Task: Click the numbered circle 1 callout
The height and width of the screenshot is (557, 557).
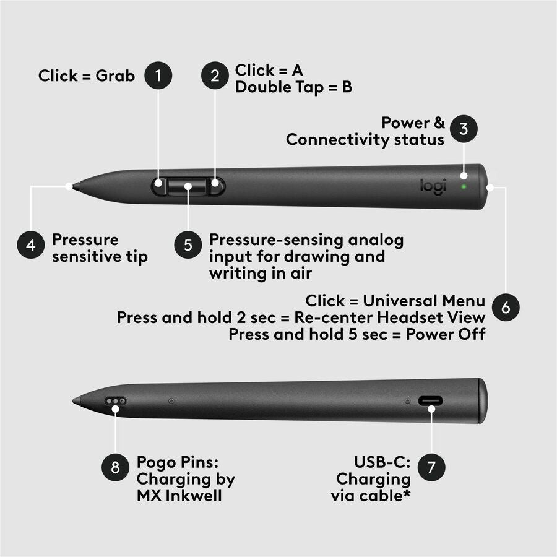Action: [x=158, y=76]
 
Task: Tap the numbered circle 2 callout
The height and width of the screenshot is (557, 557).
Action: [x=215, y=76]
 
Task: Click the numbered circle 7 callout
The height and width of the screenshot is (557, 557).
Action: [x=431, y=467]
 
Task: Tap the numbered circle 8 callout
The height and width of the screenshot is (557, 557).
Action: [x=116, y=467]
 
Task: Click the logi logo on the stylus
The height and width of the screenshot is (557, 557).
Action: [x=433, y=186]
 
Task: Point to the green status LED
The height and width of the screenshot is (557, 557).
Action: [x=463, y=185]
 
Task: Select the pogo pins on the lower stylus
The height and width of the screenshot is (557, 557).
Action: [x=115, y=400]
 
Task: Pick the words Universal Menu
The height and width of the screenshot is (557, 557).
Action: [x=424, y=301]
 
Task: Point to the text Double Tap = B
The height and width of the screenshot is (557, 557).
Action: [x=293, y=87]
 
